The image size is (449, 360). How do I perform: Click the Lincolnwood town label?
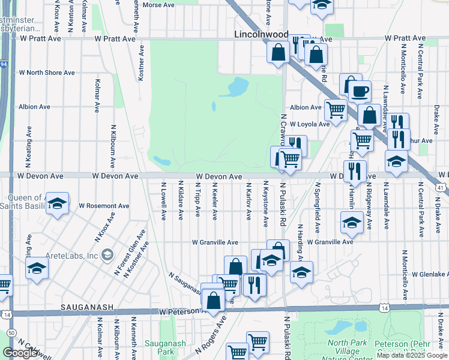[x=261, y=35]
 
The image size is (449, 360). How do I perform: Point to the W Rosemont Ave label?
[x=104, y=205]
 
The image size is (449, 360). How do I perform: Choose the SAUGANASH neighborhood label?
[x=87, y=307]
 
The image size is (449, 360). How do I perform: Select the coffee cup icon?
[x=360, y=91]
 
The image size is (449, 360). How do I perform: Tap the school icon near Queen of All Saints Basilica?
[x=57, y=204]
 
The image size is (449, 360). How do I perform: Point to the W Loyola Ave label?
[x=310, y=124]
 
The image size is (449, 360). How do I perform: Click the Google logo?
[x=20, y=352]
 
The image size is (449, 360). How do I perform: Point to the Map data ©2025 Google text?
[x=411, y=355]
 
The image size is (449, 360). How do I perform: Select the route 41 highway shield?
[x=441, y=188]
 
